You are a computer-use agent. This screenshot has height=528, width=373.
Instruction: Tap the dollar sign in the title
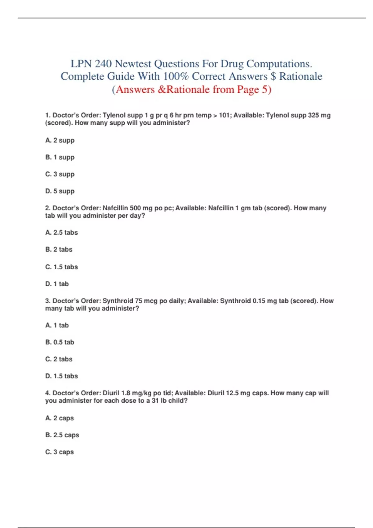click(273, 76)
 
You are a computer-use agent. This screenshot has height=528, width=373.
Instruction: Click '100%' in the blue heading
click(176, 76)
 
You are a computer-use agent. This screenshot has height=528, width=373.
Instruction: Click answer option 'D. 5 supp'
click(60, 191)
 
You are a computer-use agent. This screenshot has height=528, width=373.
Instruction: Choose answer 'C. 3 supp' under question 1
click(60, 174)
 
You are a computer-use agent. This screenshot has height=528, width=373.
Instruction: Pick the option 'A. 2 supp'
click(60, 140)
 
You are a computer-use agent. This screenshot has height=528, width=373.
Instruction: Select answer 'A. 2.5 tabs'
click(62, 232)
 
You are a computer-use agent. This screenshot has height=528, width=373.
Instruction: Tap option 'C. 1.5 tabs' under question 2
click(62, 267)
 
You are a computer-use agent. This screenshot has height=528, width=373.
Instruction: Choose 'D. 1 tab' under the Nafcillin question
click(57, 284)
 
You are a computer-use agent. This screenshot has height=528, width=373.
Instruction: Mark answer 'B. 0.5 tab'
click(60, 342)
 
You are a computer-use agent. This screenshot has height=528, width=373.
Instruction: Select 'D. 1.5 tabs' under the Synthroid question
click(62, 376)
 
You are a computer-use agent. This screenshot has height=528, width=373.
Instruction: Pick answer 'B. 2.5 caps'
click(62, 435)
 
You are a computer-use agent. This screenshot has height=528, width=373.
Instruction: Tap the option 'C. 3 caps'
click(60, 452)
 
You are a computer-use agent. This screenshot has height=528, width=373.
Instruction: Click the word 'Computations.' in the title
click(279, 64)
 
